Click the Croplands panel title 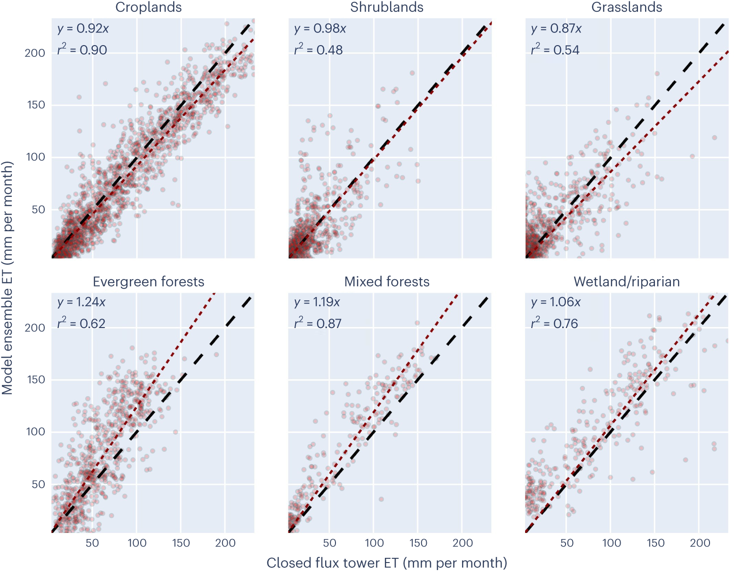(x=149, y=8)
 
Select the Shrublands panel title (x=387, y=8)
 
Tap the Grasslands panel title (x=627, y=8)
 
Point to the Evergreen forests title (x=149, y=282)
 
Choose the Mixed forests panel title (x=387, y=282)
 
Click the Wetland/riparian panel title (x=627, y=282)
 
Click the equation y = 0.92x (x=83, y=29)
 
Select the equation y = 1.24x (x=81, y=302)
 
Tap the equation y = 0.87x (x=556, y=29)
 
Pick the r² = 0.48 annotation (x=319, y=49)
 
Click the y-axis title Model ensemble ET (x=8, y=278)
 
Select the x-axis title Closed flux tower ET (x=387, y=563)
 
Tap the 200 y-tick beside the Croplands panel (x=35, y=53)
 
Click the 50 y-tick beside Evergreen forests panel (x=39, y=484)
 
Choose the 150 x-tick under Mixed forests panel (x=418, y=543)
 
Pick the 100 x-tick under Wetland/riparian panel (x=611, y=543)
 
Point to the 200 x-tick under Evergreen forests (x=225, y=543)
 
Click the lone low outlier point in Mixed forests (x=381, y=499)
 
